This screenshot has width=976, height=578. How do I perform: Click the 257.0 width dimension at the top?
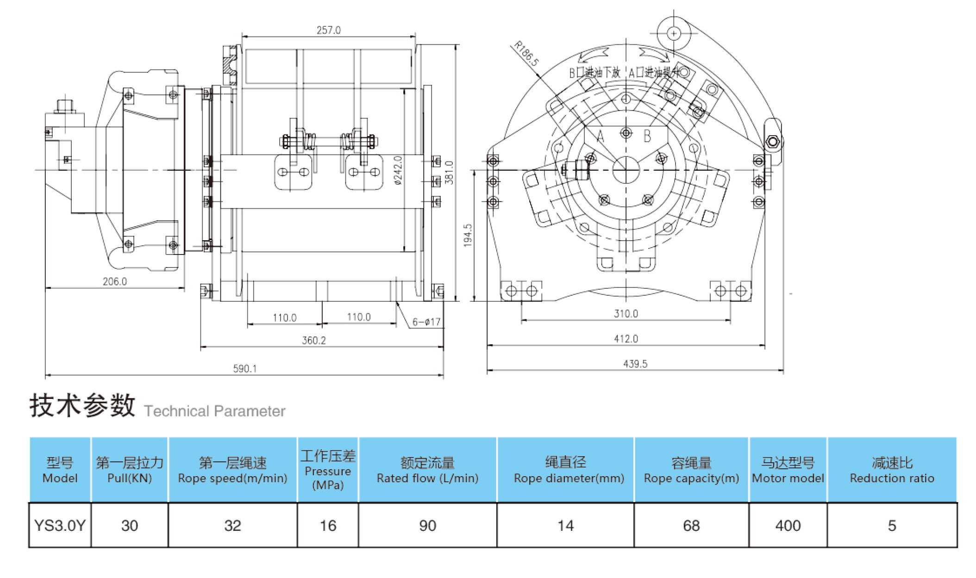tap(328, 30)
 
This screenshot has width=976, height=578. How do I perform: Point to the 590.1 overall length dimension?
tap(244, 368)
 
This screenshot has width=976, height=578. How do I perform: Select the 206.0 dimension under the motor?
tap(114, 281)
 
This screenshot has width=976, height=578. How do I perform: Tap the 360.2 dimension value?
tap(313, 341)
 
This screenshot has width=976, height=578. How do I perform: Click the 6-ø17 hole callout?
tap(426, 322)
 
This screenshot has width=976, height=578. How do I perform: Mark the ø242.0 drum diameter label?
tap(398, 170)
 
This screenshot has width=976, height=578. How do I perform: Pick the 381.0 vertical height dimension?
tap(449, 172)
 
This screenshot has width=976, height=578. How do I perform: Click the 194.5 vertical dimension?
tap(468, 235)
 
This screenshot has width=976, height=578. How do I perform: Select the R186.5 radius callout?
tap(526, 54)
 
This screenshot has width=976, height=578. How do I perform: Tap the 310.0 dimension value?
tap(626, 314)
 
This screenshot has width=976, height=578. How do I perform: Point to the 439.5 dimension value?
tap(635, 364)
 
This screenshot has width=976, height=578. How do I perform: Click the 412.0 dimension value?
tap(626, 339)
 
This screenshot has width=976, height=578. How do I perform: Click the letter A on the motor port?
tap(600, 136)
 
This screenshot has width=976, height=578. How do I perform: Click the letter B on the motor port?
tap(647, 136)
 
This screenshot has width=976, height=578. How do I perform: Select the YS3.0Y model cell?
tap(60, 526)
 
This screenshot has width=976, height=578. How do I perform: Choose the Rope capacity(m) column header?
tap(691, 470)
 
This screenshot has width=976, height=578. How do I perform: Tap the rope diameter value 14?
tap(565, 526)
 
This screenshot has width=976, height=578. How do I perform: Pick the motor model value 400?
tap(788, 526)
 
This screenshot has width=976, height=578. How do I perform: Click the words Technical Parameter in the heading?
tap(214, 411)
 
